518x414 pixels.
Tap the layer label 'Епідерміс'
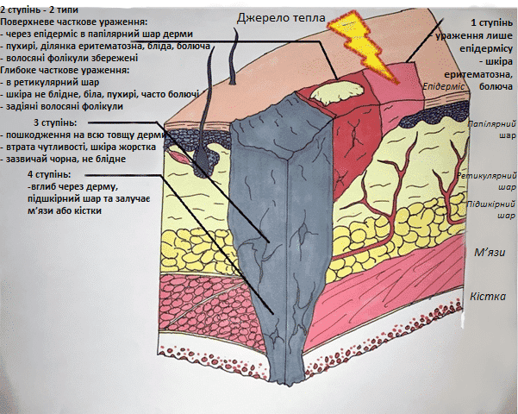[445, 88]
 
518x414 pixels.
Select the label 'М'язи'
[489, 254]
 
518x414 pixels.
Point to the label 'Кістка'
[488, 297]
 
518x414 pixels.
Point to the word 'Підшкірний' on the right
[487, 204]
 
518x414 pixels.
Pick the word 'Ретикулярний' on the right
[487, 174]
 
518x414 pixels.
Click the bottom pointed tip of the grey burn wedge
[285, 381]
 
